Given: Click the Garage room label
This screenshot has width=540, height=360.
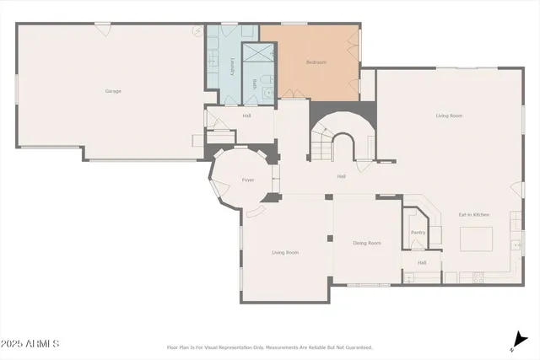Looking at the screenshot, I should coord(113,90).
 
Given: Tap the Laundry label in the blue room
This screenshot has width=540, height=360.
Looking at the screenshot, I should coord(232,67).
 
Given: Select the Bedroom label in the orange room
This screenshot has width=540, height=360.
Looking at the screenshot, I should coord(316,62).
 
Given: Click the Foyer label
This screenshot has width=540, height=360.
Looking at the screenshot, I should coord(248,180).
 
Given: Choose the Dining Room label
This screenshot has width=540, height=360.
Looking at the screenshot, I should coord(367,243).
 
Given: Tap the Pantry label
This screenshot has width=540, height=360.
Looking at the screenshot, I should coord(417,233).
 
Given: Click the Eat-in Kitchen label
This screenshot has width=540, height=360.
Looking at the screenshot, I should coord(474,215).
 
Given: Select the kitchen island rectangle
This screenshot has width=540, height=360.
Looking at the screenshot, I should coord(475,240).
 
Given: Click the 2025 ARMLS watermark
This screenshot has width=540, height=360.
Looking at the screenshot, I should coord(30,344).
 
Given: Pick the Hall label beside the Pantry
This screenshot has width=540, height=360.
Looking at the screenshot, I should coord(422,262).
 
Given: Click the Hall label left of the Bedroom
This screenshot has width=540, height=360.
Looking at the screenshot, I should coord(246,116).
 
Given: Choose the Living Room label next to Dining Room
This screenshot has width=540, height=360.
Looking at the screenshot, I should coord(285,252).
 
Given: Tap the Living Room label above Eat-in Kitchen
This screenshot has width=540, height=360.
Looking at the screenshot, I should coord(449,116).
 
